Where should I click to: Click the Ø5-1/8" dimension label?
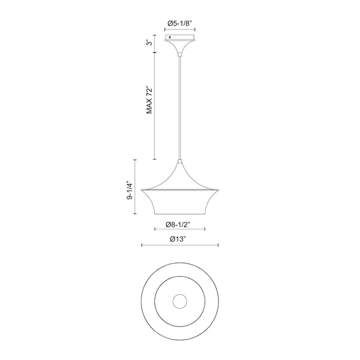pyautogui.click(x=180, y=23)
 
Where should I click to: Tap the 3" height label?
pyautogui.click(x=148, y=43)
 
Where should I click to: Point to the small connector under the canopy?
pyautogui.click(x=180, y=53)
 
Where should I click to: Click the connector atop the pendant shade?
pyautogui.click(x=180, y=160)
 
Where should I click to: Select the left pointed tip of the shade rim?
pyautogui.click(x=143, y=190)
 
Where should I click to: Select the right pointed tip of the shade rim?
pyautogui.click(x=217, y=190)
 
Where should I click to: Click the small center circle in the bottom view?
pyautogui.click(x=179, y=301)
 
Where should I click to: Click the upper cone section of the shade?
pyautogui.click(x=180, y=177)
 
